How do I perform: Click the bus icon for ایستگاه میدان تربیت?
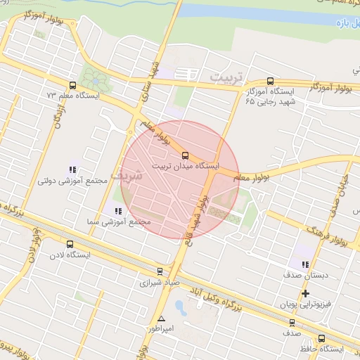[185, 155]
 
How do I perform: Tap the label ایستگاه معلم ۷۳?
[73, 94]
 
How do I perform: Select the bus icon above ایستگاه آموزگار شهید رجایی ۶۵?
[270, 81]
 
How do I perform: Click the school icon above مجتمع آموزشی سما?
[118, 210]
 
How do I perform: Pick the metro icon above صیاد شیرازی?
[160, 271]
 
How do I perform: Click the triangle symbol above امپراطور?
[161, 317]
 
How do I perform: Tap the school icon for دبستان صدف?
[304, 264]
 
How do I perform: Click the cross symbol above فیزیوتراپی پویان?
[305, 293]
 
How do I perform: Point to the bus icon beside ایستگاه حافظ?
[322, 337]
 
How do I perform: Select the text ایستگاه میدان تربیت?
[185, 167]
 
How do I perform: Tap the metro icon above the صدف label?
[292, 323]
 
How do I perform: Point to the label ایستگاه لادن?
[71, 254]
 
